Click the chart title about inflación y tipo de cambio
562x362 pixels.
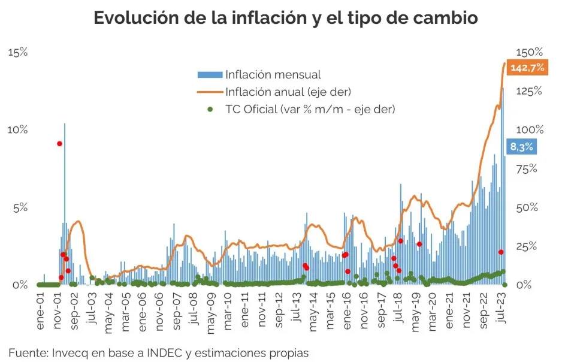tap(286, 18)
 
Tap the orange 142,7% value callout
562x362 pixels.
tap(527, 68)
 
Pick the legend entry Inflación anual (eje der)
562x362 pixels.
tap(288, 92)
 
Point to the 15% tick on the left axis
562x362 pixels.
tap(17, 52)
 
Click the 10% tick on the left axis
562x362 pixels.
tap(17, 129)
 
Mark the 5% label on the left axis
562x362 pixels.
tap(20, 207)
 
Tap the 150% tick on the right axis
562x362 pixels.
tap(530, 52)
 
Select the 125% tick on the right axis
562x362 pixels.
tap(530, 91)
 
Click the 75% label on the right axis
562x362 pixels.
tap(528, 168)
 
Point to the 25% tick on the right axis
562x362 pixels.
tap(528, 246)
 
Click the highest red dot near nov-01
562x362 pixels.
tap(59, 143)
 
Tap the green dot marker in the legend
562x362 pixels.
tap(210, 109)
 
